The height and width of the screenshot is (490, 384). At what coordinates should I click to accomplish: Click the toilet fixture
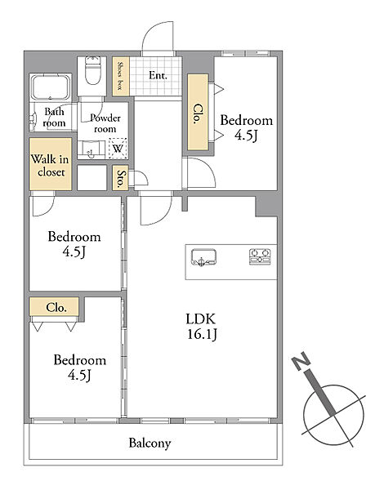[x=93, y=70]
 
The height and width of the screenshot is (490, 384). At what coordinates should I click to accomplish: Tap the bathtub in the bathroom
[x=51, y=87]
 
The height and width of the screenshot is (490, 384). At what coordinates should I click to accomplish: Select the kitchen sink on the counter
[x=204, y=257]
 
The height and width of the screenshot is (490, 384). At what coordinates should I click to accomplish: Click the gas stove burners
[x=260, y=256]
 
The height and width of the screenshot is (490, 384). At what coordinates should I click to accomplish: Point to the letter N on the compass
[x=301, y=361]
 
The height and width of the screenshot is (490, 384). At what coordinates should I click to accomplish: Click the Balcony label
[x=150, y=443]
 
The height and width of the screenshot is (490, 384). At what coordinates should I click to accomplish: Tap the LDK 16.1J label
[x=202, y=327]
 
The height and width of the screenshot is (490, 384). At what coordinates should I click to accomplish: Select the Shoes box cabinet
[x=121, y=76]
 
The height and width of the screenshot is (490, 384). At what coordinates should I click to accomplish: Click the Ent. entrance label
[x=158, y=75]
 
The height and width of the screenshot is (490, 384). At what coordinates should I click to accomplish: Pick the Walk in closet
[x=51, y=164]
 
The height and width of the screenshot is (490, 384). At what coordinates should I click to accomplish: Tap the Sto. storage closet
[x=120, y=178]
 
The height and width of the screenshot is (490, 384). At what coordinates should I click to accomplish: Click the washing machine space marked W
[x=118, y=149]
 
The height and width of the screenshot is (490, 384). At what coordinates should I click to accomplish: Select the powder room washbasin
[x=92, y=149]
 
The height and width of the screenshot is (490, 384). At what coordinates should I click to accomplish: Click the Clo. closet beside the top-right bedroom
[x=198, y=112]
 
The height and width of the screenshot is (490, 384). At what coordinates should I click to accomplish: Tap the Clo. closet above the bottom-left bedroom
[x=54, y=306]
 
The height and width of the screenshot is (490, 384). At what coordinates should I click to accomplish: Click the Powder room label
[x=105, y=123]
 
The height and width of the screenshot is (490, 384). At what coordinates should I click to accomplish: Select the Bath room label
[x=54, y=117]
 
